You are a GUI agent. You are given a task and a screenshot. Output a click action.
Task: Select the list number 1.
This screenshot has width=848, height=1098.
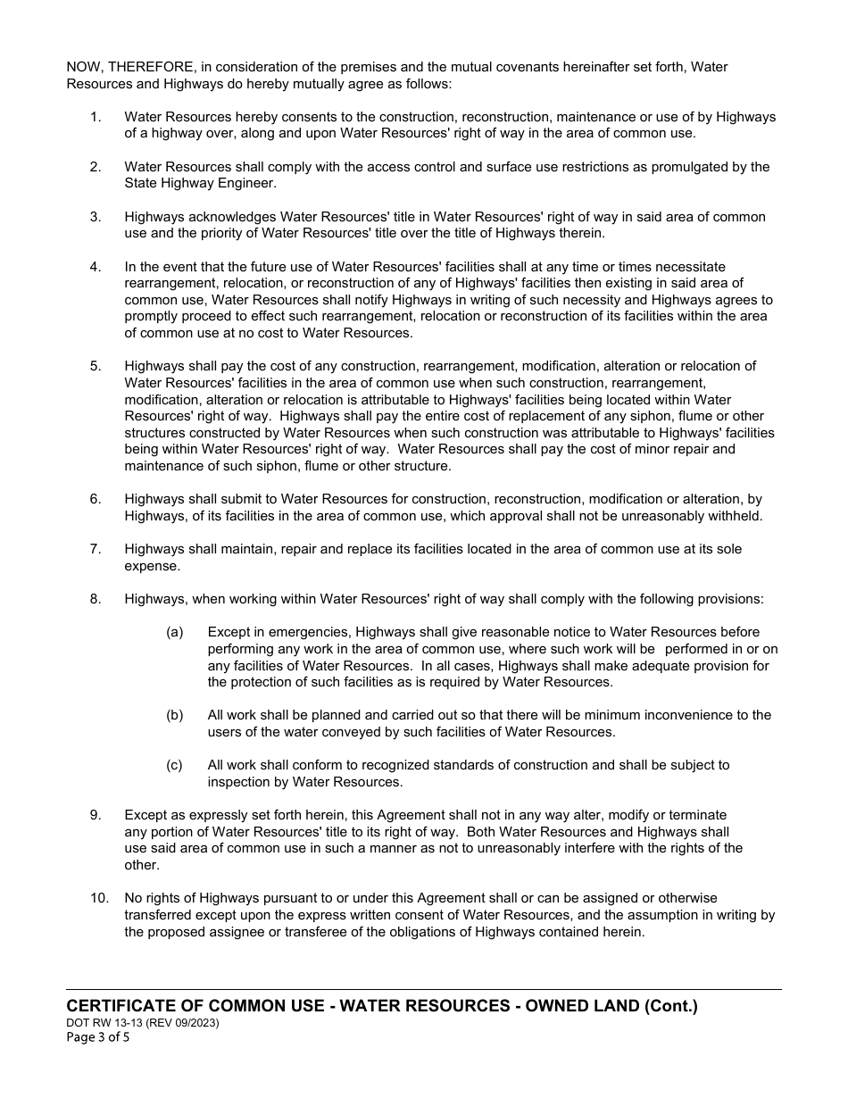(x=96, y=117)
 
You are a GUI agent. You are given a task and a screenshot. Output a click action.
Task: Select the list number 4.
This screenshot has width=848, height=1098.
(x=96, y=267)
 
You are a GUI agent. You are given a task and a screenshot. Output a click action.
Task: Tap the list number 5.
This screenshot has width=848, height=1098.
(x=96, y=366)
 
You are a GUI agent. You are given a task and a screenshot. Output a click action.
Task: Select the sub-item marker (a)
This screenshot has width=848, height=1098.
(x=174, y=632)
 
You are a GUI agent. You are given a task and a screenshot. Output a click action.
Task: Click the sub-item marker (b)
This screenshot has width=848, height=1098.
(x=174, y=715)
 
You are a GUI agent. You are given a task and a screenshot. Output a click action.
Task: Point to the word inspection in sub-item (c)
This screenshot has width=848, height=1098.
(x=243, y=782)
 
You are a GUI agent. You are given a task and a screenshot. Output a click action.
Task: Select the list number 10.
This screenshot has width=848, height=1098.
(x=98, y=898)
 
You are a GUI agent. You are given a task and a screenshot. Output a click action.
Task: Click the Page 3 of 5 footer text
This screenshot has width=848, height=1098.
(x=98, y=1038)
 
